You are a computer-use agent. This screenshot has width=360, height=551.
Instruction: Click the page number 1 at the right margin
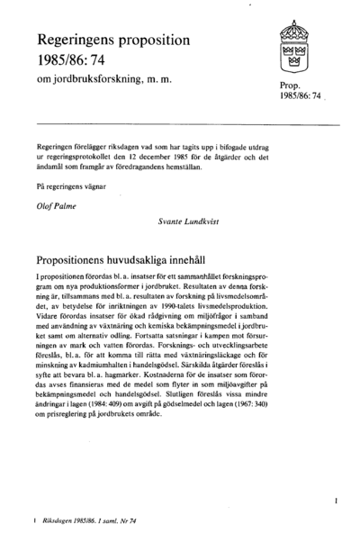point(335,496)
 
